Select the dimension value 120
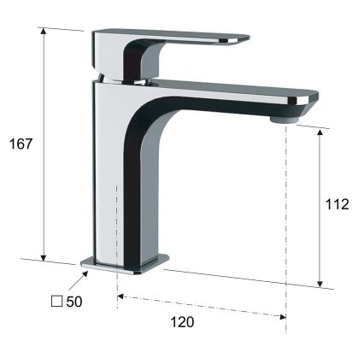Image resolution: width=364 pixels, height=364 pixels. (x=182, y=322)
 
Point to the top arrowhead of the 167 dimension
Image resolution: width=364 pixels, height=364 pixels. (x=44, y=32)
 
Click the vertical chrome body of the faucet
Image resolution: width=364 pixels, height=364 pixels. (x=107, y=171)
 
